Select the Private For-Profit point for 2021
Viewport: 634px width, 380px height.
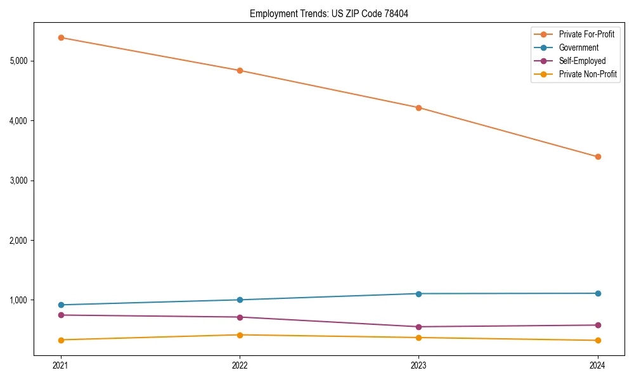point(61,37)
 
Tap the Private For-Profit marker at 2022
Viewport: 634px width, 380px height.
point(240,70)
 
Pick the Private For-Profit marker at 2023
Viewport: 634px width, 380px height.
point(418,108)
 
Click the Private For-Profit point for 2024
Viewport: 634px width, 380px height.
point(597,156)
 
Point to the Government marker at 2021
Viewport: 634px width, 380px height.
point(61,305)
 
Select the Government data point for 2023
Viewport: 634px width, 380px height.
point(418,293)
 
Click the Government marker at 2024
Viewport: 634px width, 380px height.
point(597,293)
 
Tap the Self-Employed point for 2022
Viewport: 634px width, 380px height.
point(240,317)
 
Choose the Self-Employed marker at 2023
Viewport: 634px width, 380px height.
point(418,327)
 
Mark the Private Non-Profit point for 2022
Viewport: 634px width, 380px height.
point(240,334)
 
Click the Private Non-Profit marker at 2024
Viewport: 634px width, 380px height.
point(597,340)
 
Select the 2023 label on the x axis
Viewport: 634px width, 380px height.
point(418,365)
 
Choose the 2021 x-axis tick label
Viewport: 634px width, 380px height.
point(61,365)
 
